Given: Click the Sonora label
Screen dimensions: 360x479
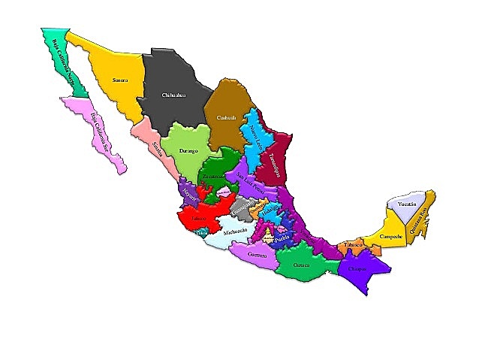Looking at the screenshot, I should (x=119, y=79).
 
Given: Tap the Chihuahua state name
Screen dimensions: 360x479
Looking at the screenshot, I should (x=173, y=95).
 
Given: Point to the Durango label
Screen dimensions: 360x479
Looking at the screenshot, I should (x=188, y=151).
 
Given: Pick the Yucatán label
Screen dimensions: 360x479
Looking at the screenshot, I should (x=407, y=204).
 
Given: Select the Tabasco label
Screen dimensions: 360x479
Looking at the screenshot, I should (x=354, y=245).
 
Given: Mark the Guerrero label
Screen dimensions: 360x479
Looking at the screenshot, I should (x=257, y=256).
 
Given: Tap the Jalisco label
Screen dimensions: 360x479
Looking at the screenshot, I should (x=199, y=219).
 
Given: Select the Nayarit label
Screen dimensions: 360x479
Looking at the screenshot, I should (x=189, y=195).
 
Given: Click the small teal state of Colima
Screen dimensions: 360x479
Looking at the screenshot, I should (x=201, y=233).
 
